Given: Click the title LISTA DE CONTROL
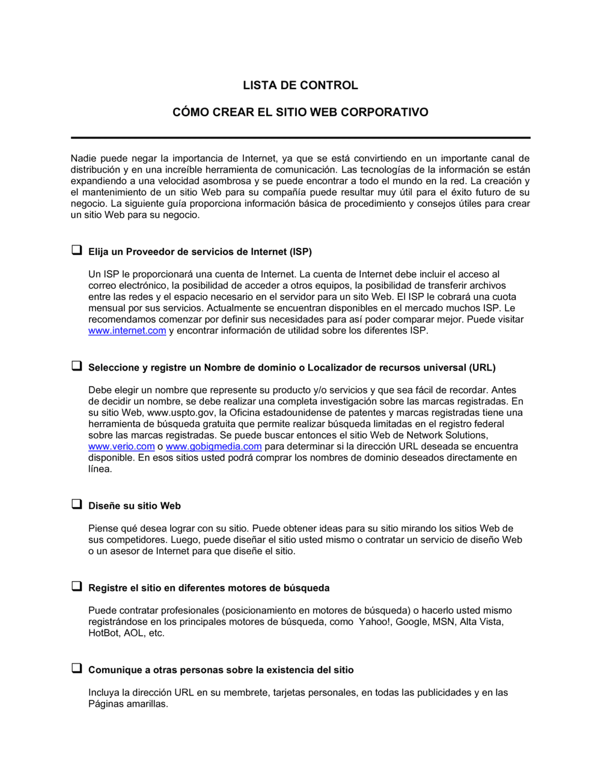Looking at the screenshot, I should [x=300, y=85].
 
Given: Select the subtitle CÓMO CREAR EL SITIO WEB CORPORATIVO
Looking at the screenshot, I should [x=300, y=112].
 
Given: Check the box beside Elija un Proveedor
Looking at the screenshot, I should [x=77, y=250].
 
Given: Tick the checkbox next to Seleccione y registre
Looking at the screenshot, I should [x=77, y=366].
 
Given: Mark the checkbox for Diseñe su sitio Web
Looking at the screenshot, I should [x=77, y=505].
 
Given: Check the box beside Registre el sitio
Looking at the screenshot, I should [x=77, y=587].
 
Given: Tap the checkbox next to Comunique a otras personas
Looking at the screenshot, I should [x=77, y=668].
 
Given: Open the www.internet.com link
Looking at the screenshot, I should [x=127, y=331].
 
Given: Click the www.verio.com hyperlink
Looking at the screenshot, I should [x=121, y=446].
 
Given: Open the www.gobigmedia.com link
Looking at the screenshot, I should [x=213, y=446].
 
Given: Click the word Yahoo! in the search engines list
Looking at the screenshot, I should [x=374, y=622].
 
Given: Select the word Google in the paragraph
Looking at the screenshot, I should [x=410, y=622].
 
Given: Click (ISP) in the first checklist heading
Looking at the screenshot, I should [x=300, y=251].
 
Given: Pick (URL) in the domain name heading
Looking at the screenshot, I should [x=482, y=368].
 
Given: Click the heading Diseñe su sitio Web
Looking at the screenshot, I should [x=135, y=506].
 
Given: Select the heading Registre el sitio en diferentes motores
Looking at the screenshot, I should [x=209, y=588].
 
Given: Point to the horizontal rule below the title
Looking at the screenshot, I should [x=300, y=138].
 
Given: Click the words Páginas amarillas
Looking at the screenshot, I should [x=128, y=704].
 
